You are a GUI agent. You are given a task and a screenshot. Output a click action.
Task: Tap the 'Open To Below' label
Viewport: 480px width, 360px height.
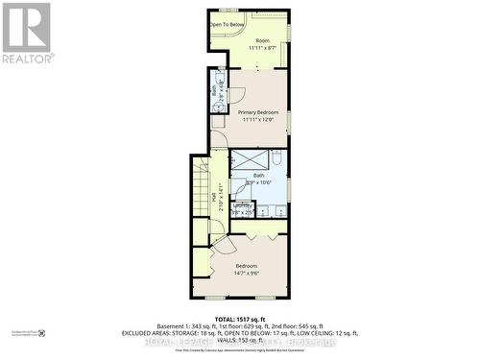pos(228,25)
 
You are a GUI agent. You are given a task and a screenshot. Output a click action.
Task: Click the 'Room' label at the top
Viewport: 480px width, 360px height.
pos(262,40)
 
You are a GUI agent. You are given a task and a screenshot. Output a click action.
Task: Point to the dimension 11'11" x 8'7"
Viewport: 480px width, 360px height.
pos(262,48)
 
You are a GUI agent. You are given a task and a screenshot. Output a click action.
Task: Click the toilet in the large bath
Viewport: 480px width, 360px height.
pos(276,158)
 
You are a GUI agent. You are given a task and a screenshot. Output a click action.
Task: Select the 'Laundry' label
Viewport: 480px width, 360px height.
pos(242,204)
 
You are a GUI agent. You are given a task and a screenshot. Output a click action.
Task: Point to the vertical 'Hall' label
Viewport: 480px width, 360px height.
pos(213,197)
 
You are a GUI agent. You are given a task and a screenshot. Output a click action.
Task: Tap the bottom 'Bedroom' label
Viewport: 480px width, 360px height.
pos(246,265)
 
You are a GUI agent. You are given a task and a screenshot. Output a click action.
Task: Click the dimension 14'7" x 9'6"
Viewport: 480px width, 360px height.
pos(246,273)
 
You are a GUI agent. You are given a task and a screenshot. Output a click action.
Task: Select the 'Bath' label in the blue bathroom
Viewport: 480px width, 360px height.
pos(258,176)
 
